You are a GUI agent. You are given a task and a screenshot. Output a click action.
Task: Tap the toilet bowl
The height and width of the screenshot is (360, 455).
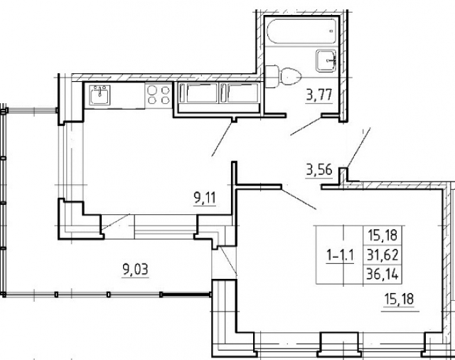click(x=291, y=76)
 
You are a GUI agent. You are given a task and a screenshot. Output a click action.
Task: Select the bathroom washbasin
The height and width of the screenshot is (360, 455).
click(x=326, y=60)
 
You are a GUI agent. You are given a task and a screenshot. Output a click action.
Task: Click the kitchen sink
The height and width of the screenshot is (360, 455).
click(x=100, y=95)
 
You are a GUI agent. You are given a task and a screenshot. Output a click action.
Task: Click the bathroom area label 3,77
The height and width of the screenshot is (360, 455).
click(x=319, y=95)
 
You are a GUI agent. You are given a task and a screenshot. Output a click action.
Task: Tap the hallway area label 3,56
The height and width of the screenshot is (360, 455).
click(x=319, y=170)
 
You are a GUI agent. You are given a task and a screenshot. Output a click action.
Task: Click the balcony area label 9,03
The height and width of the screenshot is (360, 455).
click(x=135, y=270)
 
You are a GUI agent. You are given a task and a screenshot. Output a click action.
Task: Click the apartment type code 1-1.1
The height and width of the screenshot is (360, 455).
click(x=340, y=255)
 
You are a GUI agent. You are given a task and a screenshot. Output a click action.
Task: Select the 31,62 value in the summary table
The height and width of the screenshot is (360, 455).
click(x=382, y=255)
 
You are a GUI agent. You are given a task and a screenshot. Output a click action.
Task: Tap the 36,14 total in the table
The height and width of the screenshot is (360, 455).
click(x=382, y=274)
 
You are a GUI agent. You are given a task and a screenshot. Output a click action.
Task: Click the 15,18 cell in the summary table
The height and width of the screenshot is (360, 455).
click(x=382, y=235)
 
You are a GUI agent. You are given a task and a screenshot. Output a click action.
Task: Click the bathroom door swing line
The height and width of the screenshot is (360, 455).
click(x=306, y=126)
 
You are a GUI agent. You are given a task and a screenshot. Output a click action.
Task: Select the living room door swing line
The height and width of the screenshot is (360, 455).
click(x=299, y=198)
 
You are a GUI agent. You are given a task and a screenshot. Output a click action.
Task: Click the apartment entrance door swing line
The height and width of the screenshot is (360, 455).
click(x=358, y=148)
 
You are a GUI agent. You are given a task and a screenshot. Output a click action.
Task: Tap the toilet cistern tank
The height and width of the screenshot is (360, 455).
click(x=272, y=76)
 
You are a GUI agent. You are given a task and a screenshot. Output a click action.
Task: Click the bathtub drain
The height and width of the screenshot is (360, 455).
click(x=331, y=31)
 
